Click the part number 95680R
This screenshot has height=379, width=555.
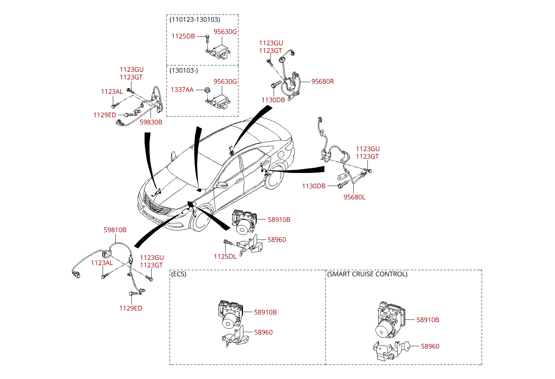point(322,81)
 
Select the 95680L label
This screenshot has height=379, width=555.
point(354,197)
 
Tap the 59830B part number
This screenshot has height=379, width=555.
point(151,122)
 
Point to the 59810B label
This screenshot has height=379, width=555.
point(115,230)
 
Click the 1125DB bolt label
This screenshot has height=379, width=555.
point(183,36)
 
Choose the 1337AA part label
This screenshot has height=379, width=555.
point(182,89)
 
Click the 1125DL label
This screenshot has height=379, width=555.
point(225,256)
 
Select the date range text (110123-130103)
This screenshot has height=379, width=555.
point(195,20)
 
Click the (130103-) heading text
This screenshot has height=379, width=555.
point(184,70)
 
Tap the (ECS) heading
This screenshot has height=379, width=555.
point(179,274)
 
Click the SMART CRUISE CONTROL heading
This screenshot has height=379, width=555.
point(367,274)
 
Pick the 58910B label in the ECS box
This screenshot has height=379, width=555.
point(266,312)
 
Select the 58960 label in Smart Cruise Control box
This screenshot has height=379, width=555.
point(430,346)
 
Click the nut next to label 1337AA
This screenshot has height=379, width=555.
point(208,90)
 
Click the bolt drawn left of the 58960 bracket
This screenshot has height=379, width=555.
point(229,242)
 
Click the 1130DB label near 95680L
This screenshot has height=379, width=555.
point(314,186)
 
